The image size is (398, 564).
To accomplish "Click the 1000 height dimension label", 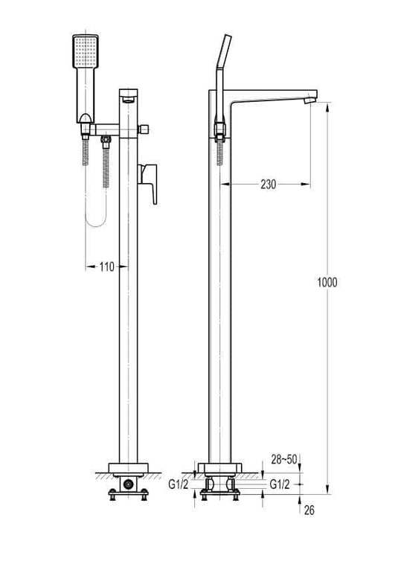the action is (x=327, y=282).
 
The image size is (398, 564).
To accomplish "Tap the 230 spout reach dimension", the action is (x=269, y=185).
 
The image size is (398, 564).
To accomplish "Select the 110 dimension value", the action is (x=107, y=267).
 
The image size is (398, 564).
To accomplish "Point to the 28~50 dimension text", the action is (x=284, y=459).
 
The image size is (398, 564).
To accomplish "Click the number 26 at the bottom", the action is (x=309, y=510).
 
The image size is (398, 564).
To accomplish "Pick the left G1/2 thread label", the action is (x=178, y=484).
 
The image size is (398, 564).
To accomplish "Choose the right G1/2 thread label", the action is (x=280, y=484).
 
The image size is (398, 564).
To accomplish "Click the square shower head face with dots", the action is (x=86, y=51).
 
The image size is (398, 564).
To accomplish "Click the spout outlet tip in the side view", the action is (x=310, y=98).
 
